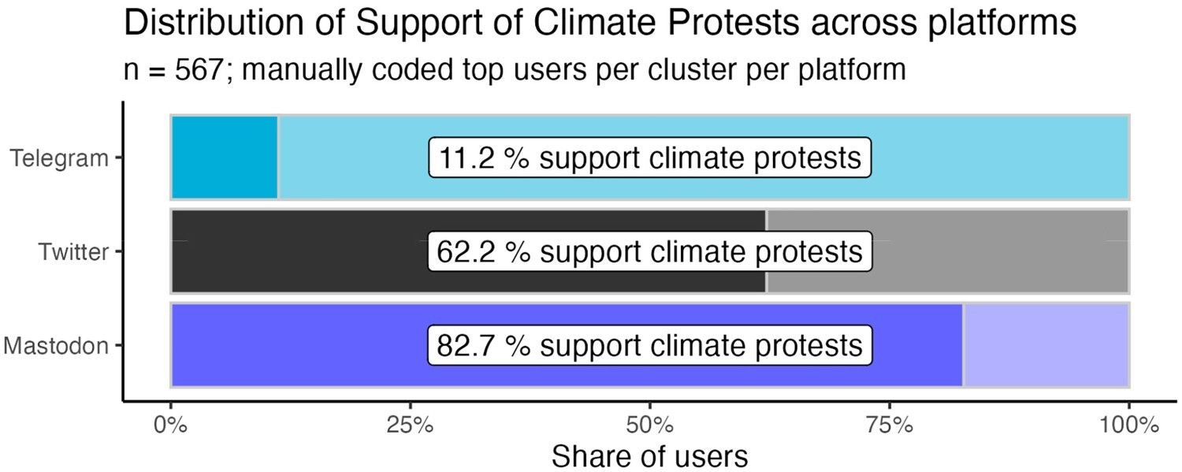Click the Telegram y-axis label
[59, 158]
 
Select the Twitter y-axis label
[73, 252]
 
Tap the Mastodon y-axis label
[55, 345]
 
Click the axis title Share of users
[649, 455]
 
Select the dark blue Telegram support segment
[224, 158]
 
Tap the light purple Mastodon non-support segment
[1046, 345]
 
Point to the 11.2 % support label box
[649, 158]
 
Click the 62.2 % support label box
[649, 252]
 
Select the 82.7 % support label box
[649, 346]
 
